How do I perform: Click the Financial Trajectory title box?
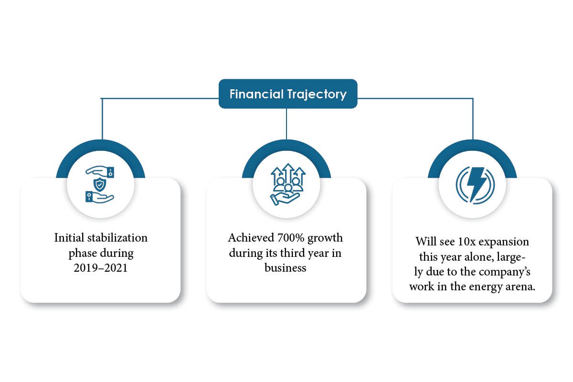pos(288,94)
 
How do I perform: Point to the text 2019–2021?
pos(100,268)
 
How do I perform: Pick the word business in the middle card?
pos(286,267)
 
